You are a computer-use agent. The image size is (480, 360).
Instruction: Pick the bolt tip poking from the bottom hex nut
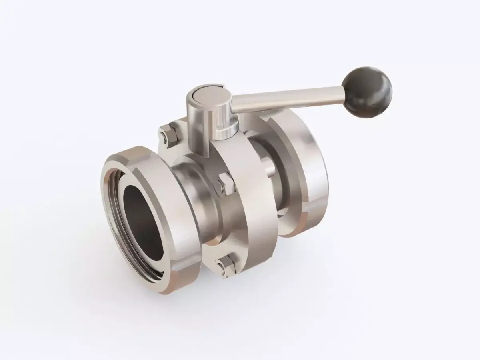click(x=219, y=265)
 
